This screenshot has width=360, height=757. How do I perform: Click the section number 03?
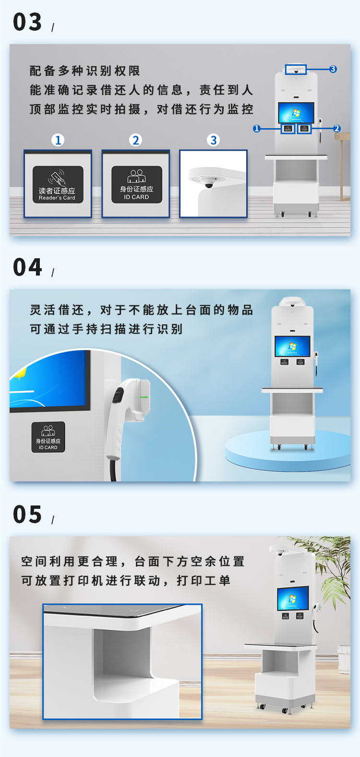click(27, 22)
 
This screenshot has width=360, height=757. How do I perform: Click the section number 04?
click(27, 267)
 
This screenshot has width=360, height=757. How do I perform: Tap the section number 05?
click(27, 515)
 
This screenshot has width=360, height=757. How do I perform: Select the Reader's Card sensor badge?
click(58, 184)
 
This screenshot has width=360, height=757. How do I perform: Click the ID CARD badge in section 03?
click(137, 184)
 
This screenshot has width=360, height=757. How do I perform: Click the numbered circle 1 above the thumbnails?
click(58, 140)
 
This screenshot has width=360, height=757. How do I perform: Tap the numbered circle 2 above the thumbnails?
click(135, 140)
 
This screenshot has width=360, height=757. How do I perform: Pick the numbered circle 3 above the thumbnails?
click(213, 140)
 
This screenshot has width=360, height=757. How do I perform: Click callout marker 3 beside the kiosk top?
click(333, 69)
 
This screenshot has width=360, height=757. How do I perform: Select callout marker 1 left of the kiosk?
click(257, 129)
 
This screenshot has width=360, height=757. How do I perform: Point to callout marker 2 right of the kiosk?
click(336, 129)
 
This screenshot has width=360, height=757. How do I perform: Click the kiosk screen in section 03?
click(296, 112)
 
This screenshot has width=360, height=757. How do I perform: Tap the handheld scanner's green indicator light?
click(144, 397)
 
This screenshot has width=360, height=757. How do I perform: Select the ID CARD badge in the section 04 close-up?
click(48, 437)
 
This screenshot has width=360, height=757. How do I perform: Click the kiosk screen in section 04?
click(292, 346)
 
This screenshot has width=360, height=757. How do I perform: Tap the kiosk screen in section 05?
click(293, 598)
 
